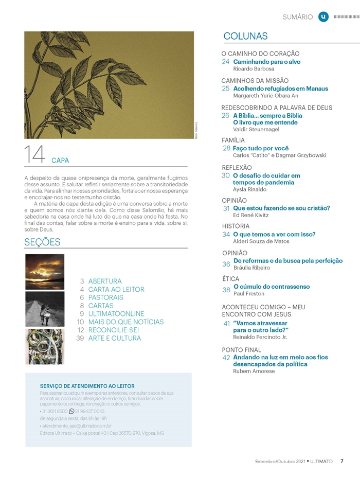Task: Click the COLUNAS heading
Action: pyautogui.click(x=245, y=36)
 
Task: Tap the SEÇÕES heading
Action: pyautogui.click(x=42, y=242)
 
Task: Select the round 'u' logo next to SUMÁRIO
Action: pyautogui.click(x=323, y=16)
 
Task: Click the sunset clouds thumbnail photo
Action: pyautogui.click(x=45, y=272)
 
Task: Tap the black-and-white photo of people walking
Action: pyautogui.click(x=45, y=309)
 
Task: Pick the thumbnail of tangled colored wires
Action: pyautogui.click(x=45, y=346)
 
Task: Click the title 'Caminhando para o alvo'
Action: pyautogui.click(x=266, y=62)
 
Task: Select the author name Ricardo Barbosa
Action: pyautogui.click(x=254, y=68)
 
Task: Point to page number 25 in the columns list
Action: pyautogui.click(x=226, y=88)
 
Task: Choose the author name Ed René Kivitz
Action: pyautogui.click(x=251, y=215)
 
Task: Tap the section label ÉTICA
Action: pyautogui.click(x=230, y=279)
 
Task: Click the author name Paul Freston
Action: pyautogui.click(x=249, y=293)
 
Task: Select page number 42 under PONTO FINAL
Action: pyautogui.click(x=226, y=357)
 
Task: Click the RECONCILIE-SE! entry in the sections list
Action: pyautogui.click(x=114, y=330)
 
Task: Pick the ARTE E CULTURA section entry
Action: pyautogui.click(x=114, y=338)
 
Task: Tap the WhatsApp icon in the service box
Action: pyautogui.click(x=71, y=411)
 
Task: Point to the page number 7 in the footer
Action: pyautogui.click(x=342, y=461)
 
